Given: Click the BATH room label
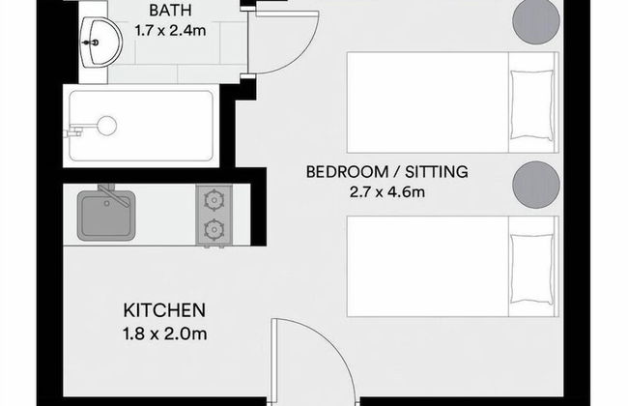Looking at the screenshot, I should [170, 12].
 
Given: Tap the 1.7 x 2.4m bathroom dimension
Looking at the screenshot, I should [170, 32].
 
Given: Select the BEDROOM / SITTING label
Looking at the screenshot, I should [386, 172].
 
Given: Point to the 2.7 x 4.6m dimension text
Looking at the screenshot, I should [386, 191].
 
